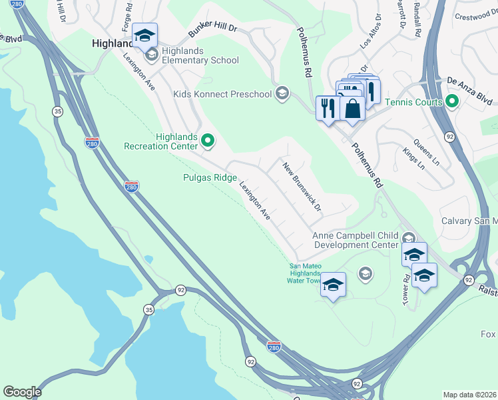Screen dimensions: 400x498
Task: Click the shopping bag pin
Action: click(x=352, y=107)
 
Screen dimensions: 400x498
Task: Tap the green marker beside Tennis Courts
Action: click(x=452, y=102)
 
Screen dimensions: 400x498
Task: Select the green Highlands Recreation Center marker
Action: click(x=208, y=140)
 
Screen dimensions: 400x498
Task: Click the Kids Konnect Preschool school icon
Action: click(x=282, y=94)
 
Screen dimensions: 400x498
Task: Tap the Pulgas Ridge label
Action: click(x=210, y=177)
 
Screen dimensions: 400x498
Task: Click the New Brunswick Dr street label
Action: click(x=302, y=187)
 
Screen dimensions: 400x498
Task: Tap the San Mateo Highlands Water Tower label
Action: click(x=305, y=273)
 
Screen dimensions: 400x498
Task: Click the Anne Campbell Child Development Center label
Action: click(x=356, y=240)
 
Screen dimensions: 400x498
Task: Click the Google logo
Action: click(x=22, y=392)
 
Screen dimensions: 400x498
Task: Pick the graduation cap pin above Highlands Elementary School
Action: click(x=143, y=36)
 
